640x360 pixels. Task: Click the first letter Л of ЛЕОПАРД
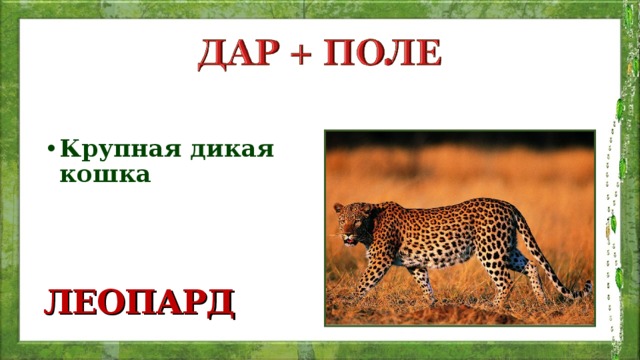click(x=54, y=300)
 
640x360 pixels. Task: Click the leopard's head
click(x=351, y=222)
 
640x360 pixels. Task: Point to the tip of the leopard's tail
click(x=586, y=290)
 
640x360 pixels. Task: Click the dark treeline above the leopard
click(x=460, y=139)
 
